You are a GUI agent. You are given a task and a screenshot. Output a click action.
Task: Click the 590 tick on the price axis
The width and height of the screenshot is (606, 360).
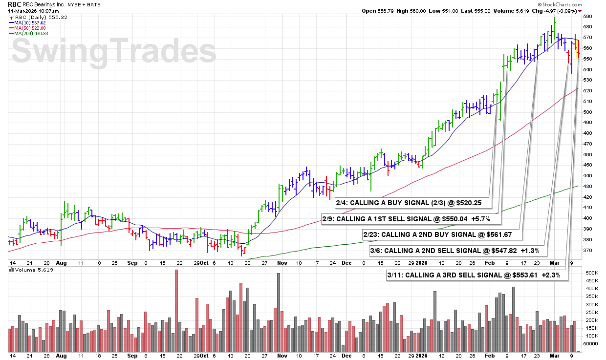tap(588, 16)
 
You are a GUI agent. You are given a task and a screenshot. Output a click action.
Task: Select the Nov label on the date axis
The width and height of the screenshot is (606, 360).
tap(282, 262)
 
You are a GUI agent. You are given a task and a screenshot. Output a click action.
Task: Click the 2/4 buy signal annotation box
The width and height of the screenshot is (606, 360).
tap(412, 202)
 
